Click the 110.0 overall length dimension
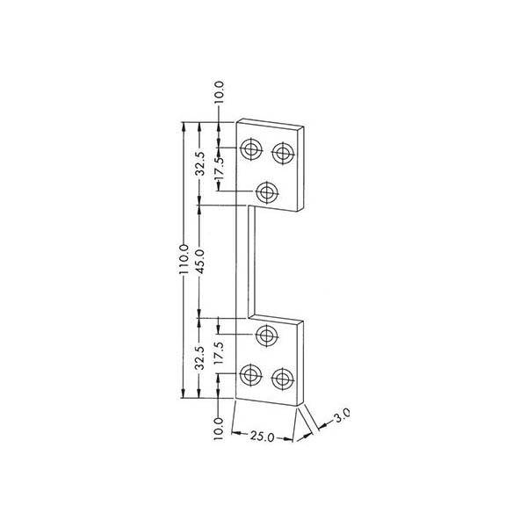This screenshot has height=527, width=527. (184, 260)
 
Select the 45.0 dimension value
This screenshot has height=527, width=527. (200, 261)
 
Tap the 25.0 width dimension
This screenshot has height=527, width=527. (262, 437)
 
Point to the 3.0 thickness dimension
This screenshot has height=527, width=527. (341, 415)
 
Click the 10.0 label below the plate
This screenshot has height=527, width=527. (219, 429)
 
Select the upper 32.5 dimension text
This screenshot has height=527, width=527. (200, 164)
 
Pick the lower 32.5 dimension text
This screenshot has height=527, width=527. (200, 358)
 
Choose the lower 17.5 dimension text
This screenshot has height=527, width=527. (219, 353)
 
